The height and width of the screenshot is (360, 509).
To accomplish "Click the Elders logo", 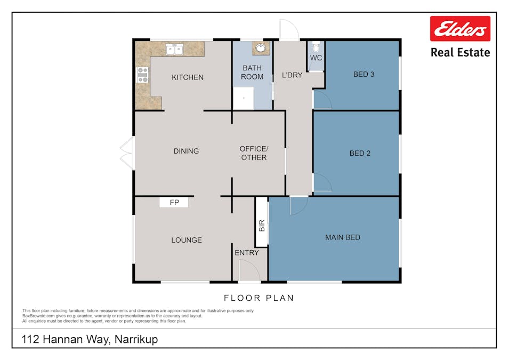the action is (460, 29).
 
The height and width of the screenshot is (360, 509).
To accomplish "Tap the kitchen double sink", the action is (174, 50).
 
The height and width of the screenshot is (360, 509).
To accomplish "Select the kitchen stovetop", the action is (142, 75).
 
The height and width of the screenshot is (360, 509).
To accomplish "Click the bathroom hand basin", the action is (261, 48).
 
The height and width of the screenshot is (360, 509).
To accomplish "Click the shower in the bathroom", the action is (244, 98).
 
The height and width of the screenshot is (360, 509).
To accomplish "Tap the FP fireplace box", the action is (174, 202).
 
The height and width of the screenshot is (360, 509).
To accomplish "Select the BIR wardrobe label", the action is (262, 225).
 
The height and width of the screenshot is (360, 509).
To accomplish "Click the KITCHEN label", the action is (188, 77).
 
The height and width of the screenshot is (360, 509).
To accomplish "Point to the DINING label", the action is (186, 151).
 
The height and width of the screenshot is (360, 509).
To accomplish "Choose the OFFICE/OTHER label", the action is (254, 153).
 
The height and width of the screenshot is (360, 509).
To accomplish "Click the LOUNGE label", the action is (187, 240).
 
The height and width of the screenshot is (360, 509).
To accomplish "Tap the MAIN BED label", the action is (343, 237).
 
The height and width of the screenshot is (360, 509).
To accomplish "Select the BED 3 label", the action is (364, 75).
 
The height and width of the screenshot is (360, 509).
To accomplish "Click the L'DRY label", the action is (292, 75).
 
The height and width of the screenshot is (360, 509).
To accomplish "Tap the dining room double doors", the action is (127, 153).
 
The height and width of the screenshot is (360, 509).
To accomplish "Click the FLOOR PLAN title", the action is (258, 298).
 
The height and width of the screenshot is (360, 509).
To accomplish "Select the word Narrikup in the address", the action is (136, 339).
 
